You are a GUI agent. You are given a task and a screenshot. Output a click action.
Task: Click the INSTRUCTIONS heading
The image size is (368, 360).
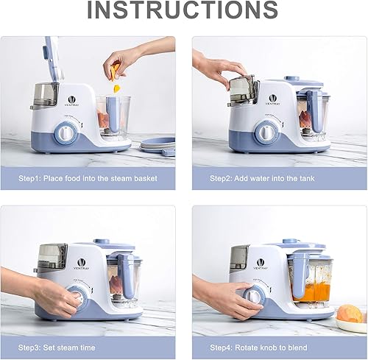[183, 10]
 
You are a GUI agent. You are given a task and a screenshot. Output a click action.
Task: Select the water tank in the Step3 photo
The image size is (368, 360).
[52, 256]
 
